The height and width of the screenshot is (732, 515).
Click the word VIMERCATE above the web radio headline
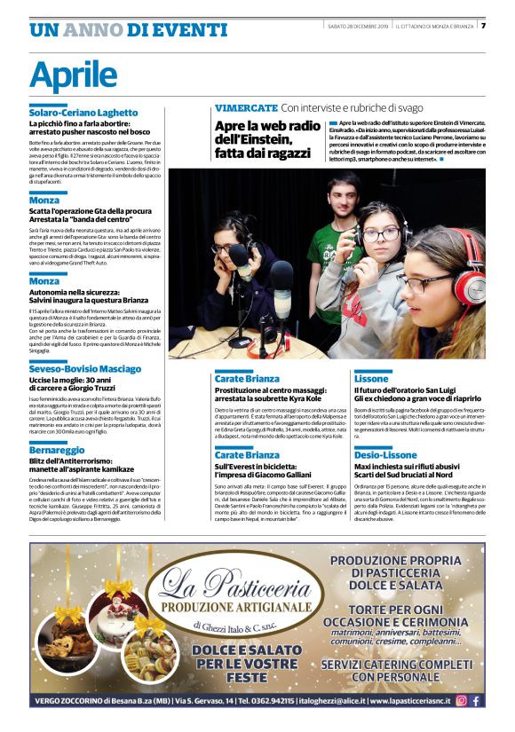pos(246,107)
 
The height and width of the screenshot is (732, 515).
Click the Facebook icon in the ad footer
pos(475,700)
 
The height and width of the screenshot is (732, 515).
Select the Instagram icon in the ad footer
pos(461,700)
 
